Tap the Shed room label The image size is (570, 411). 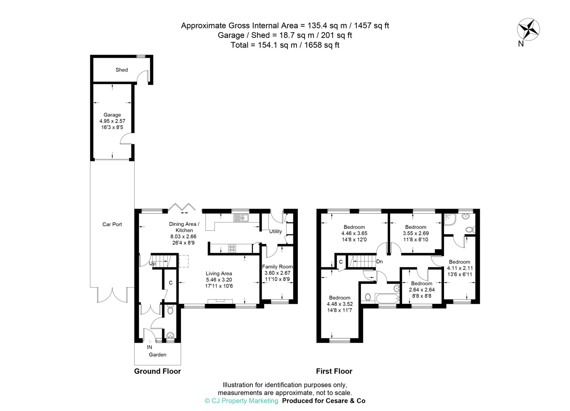pyautogui.click(x=122, y=70)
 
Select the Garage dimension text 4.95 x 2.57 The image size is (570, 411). pyautogui.click(x=112, y=121)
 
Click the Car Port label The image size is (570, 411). pyautogui.click(x=112, y=225)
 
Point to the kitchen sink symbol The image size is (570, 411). pyautogui.click(x=241, y=218)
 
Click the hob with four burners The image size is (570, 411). pyautogui.click(x=232, y=248)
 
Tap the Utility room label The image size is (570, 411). pyautogui.click(x=276, y=231)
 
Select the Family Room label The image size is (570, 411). pyautogui.click(x=277, y=267)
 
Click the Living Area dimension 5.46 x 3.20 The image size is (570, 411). pyautogui.click(x=219, y=280)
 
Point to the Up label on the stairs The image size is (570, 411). pyautogui.click(x=152, y=264)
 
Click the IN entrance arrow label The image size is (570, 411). pyautogui.click(x=149, y=347)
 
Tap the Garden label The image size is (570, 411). pyautogui.click(x=158, y=355)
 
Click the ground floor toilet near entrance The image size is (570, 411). pyautogui.click(x=170, y=310)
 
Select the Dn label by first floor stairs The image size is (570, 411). pyautogui.click(x=379, y=261)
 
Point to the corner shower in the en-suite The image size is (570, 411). pyautogui.click(x=450, y=220)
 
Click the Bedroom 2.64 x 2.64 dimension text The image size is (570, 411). pyautogui.click(x=422, y=290)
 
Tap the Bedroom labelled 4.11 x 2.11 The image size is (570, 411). pyautogui.click(x=460, y=262)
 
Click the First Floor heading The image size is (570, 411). pyautogui.click(x=334, y=371)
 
